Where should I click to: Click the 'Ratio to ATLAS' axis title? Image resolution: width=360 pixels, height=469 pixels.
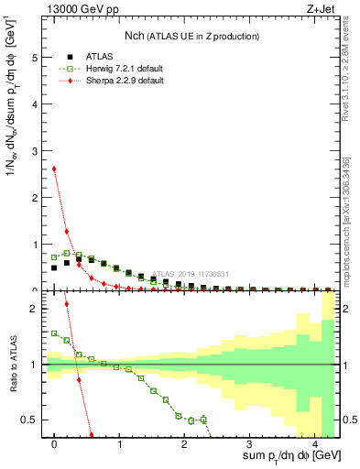pos(12,364)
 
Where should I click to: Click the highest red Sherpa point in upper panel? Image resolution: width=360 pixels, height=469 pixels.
pos(55,168)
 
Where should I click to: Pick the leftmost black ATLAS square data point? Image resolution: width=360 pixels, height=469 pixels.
pos(54,267)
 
